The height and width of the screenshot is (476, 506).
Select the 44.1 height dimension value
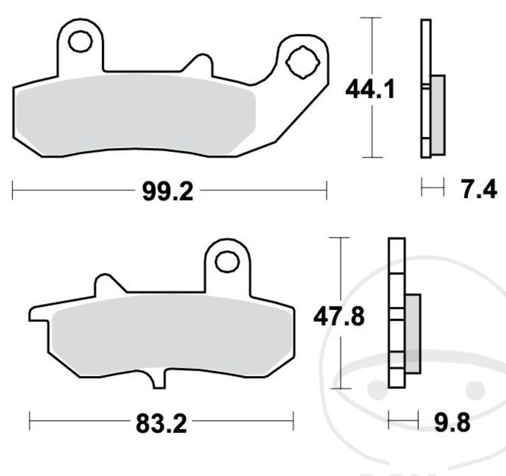pos(370,89)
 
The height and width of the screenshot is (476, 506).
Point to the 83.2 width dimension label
pos(161,425)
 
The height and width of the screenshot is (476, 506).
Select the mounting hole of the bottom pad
pos(227,261)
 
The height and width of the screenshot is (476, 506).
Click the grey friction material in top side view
pos(437,115)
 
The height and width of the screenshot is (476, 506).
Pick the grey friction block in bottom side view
pos(413,333)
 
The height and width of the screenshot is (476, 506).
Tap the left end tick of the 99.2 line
pos(12,190)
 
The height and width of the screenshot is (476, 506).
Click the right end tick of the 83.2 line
pos(293,420)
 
